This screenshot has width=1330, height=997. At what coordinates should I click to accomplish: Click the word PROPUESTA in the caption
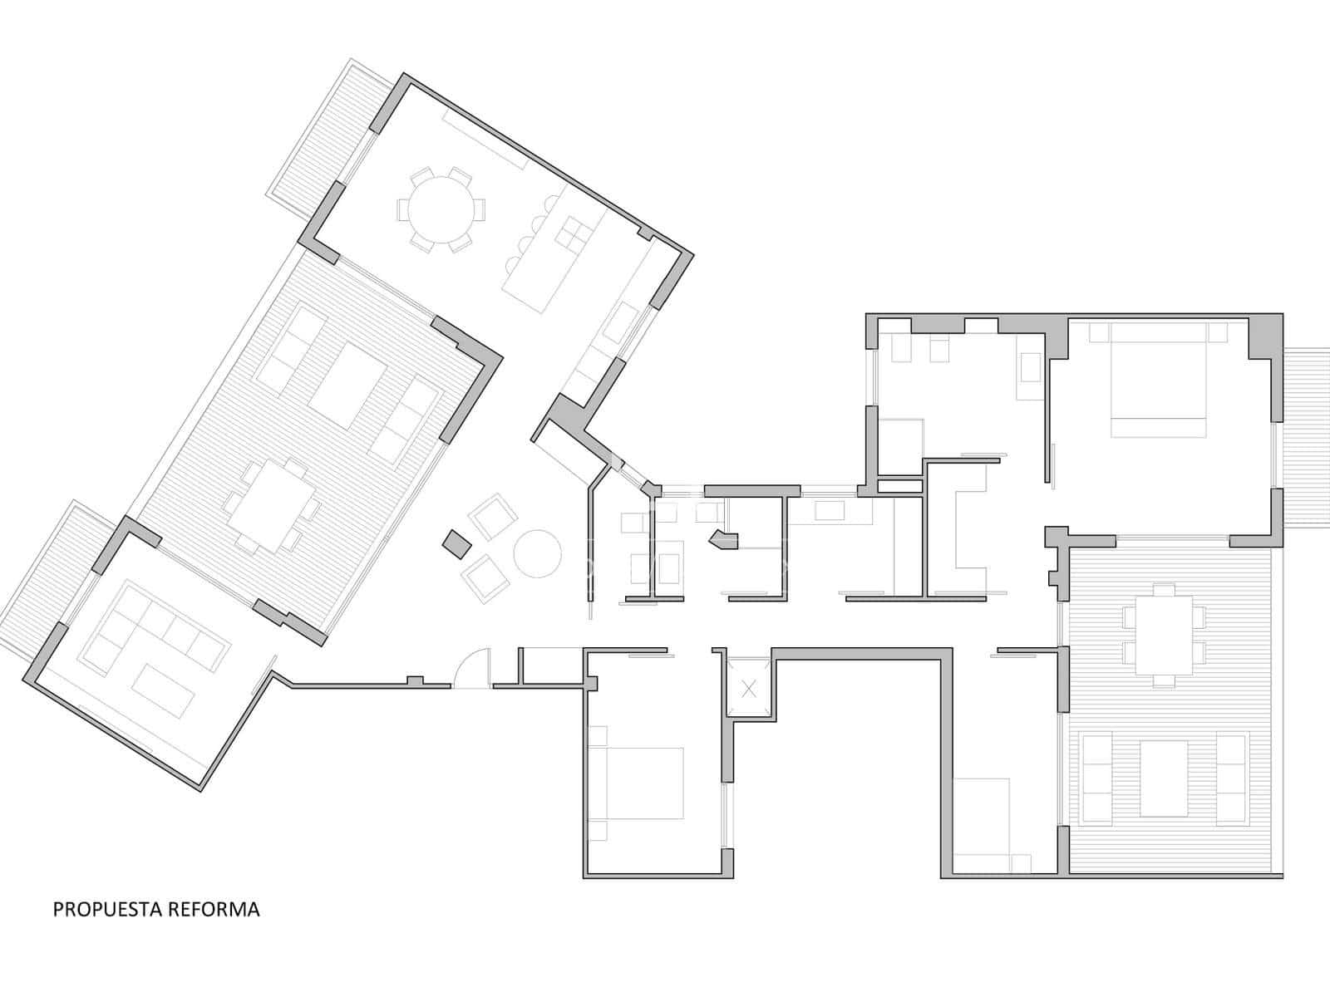pos(107,909)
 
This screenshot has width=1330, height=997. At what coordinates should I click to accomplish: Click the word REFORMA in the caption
pos(214,909)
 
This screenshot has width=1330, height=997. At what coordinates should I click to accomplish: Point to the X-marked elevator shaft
pos(750,688)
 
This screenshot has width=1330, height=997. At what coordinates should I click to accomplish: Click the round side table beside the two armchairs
pos(538,553)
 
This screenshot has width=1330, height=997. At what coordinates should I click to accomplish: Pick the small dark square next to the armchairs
pos(457,543)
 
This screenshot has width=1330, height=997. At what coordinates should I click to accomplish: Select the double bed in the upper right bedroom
pos(1158,380)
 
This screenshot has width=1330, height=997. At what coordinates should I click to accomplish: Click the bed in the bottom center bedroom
pos(636,783)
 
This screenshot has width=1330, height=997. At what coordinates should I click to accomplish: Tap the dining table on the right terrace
pos(1164,635)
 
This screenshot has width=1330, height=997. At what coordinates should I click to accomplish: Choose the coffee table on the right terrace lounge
pos(1164,778)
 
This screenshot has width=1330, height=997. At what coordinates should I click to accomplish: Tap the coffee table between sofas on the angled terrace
pos(347,386)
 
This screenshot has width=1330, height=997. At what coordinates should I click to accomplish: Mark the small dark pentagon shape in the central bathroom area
pos(725,539)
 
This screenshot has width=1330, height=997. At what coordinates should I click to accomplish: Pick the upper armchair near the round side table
pos(494,517)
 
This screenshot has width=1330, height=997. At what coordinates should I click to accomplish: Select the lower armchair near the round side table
pos(485,578)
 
